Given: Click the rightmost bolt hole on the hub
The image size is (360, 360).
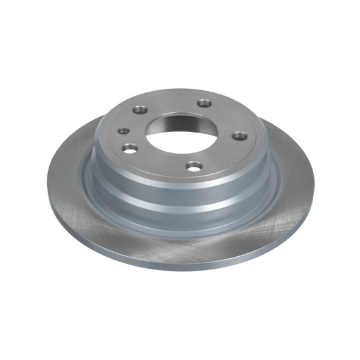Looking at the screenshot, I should pos(239,135).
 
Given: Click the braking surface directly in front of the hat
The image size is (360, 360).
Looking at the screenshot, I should pos(180,243).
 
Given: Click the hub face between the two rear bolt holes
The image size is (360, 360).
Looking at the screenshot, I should pos(174,102).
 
